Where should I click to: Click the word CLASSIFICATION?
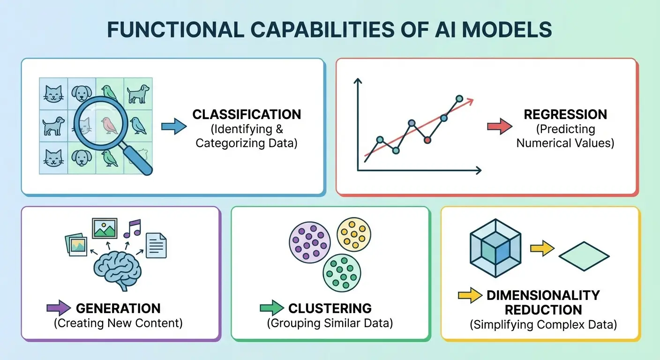pyautogui.click(x=247, y=114)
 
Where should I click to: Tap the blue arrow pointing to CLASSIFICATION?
pyautogui.click(x=173, y=127)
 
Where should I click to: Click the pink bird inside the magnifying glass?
pyautogui.click(x=109, y=124)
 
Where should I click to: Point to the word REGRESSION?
pyautogui.click(x=565, y=114)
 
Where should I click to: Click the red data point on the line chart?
pyautogui.click(x=427, y=140)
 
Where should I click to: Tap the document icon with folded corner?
pyautogui.click(x=156, y=245)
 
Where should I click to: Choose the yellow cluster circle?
pyautogui.click(x=354, y=234)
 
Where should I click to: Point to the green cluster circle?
pyautogui.click(x=343, y=273)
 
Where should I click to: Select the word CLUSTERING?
pyautogui.click(x=330, y=308)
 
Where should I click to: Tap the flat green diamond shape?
pyautogui.click(x=584, y=257)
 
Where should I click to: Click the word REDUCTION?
pyautogui.click(x=543, y=310)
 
